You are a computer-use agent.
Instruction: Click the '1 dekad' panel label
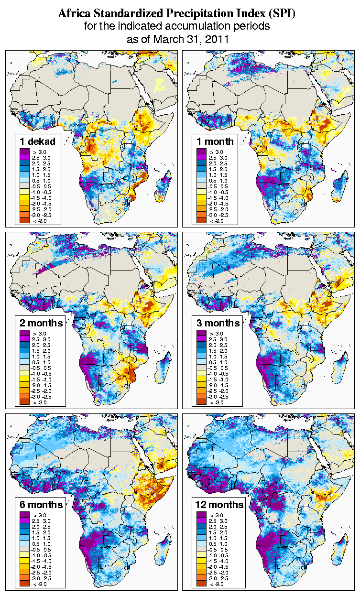click(x=38, y=141)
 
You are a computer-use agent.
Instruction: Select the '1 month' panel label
click(x=215, y=141)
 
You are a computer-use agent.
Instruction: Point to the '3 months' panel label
click(x=218, y=323)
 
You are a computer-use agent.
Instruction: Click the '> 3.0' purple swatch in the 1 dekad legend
click(x=24, y=152)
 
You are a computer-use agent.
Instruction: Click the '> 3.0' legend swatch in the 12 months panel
click(x=201, y=515)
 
